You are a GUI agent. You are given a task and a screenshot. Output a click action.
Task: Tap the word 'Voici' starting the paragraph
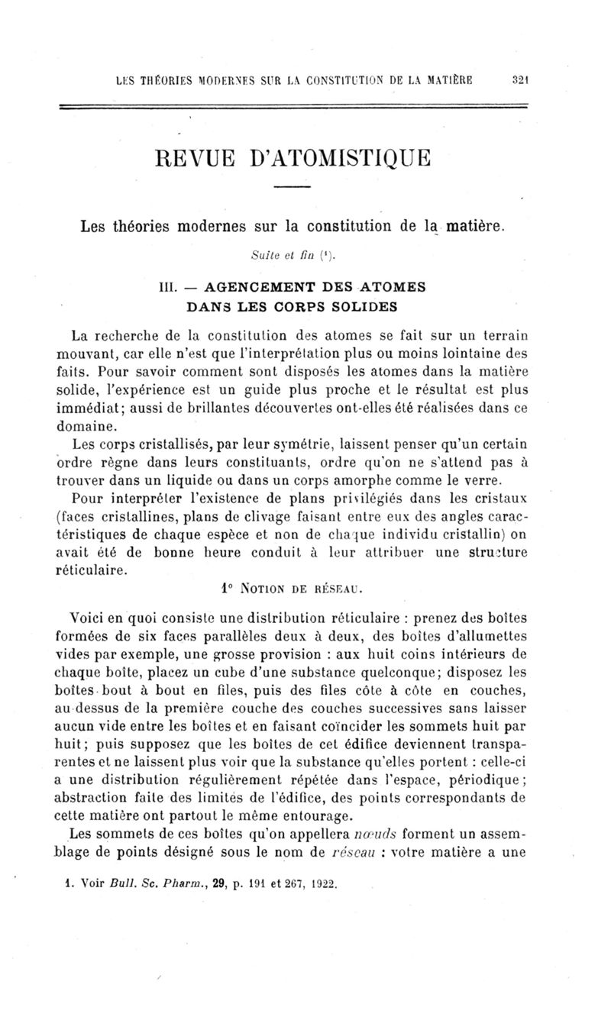[90, 619]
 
